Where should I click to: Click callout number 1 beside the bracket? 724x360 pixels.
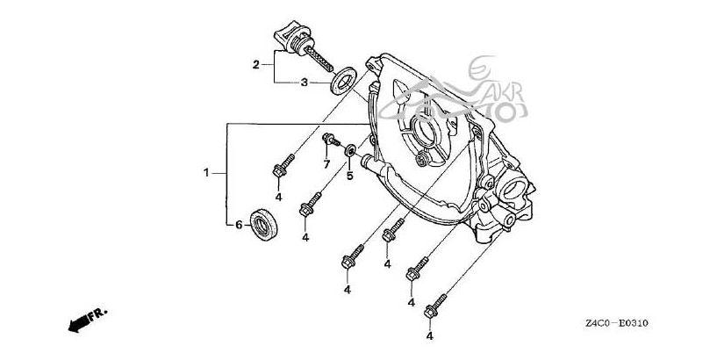tap(207, 174)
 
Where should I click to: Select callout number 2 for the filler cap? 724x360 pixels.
tap(255, 64)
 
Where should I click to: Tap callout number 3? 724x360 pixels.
tap(304, 83)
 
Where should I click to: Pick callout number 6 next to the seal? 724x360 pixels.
tap(238, 226)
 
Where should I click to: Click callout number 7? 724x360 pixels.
tap(325, 164)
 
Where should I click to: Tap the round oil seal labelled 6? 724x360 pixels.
tap(265, 223)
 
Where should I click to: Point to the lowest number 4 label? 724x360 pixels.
tap(430, 336)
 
